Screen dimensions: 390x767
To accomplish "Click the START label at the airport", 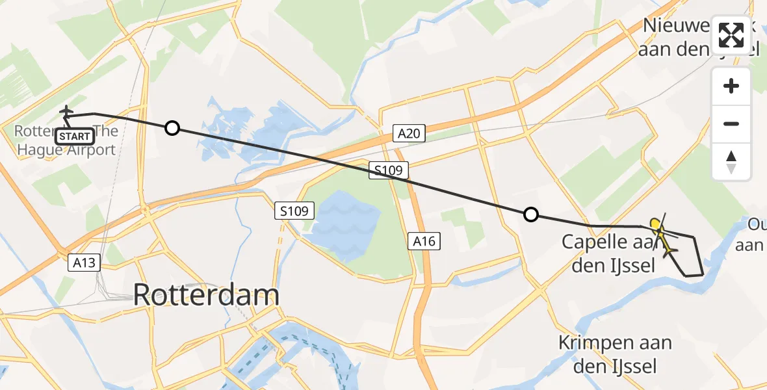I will click(x=75, y=136).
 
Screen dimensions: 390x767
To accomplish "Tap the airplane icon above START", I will click(x=66, y=112).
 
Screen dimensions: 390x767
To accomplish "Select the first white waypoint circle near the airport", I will click(x=172, y=128).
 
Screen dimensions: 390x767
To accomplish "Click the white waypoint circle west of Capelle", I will click(x=531, y=214).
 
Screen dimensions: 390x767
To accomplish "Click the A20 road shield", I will click(x=409, y=134).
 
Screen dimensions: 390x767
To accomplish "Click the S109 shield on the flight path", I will click(x=389, y=171).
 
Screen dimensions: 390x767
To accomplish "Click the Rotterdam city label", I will click(x=206, y=295).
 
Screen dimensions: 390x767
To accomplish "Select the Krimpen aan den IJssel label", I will click(x=615, y=353).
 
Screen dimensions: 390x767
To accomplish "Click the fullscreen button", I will click(x=731, y=35).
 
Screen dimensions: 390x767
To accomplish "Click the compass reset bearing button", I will click(x=731, y=161).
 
